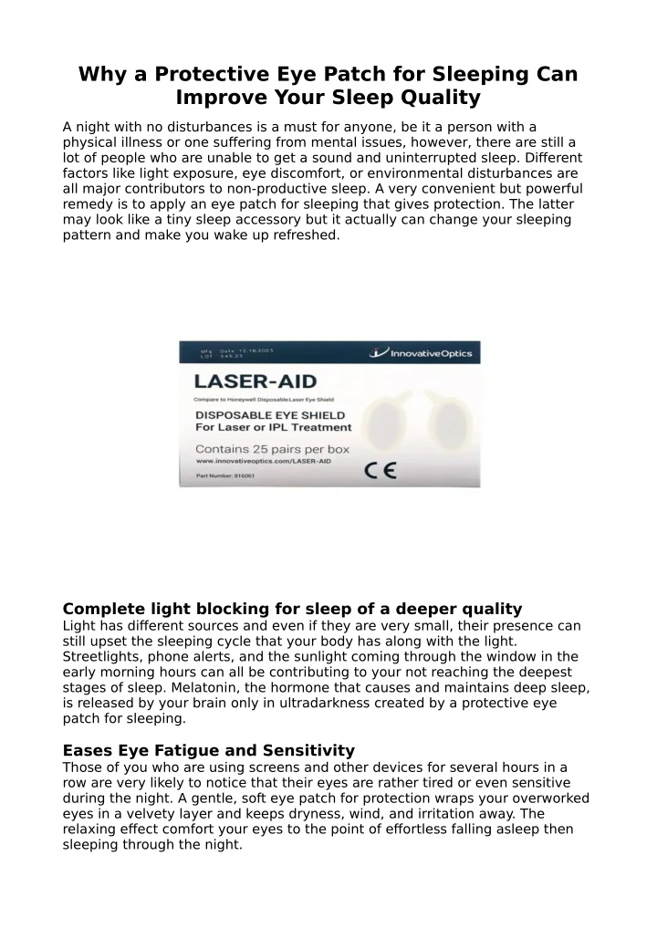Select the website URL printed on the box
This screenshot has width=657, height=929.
(x=263, y=463)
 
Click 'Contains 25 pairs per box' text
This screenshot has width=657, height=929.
(x=273, y=449)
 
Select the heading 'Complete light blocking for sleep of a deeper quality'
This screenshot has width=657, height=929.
(x=292, y=609)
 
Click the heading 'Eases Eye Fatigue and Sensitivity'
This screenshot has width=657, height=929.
(x=208, y=750)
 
